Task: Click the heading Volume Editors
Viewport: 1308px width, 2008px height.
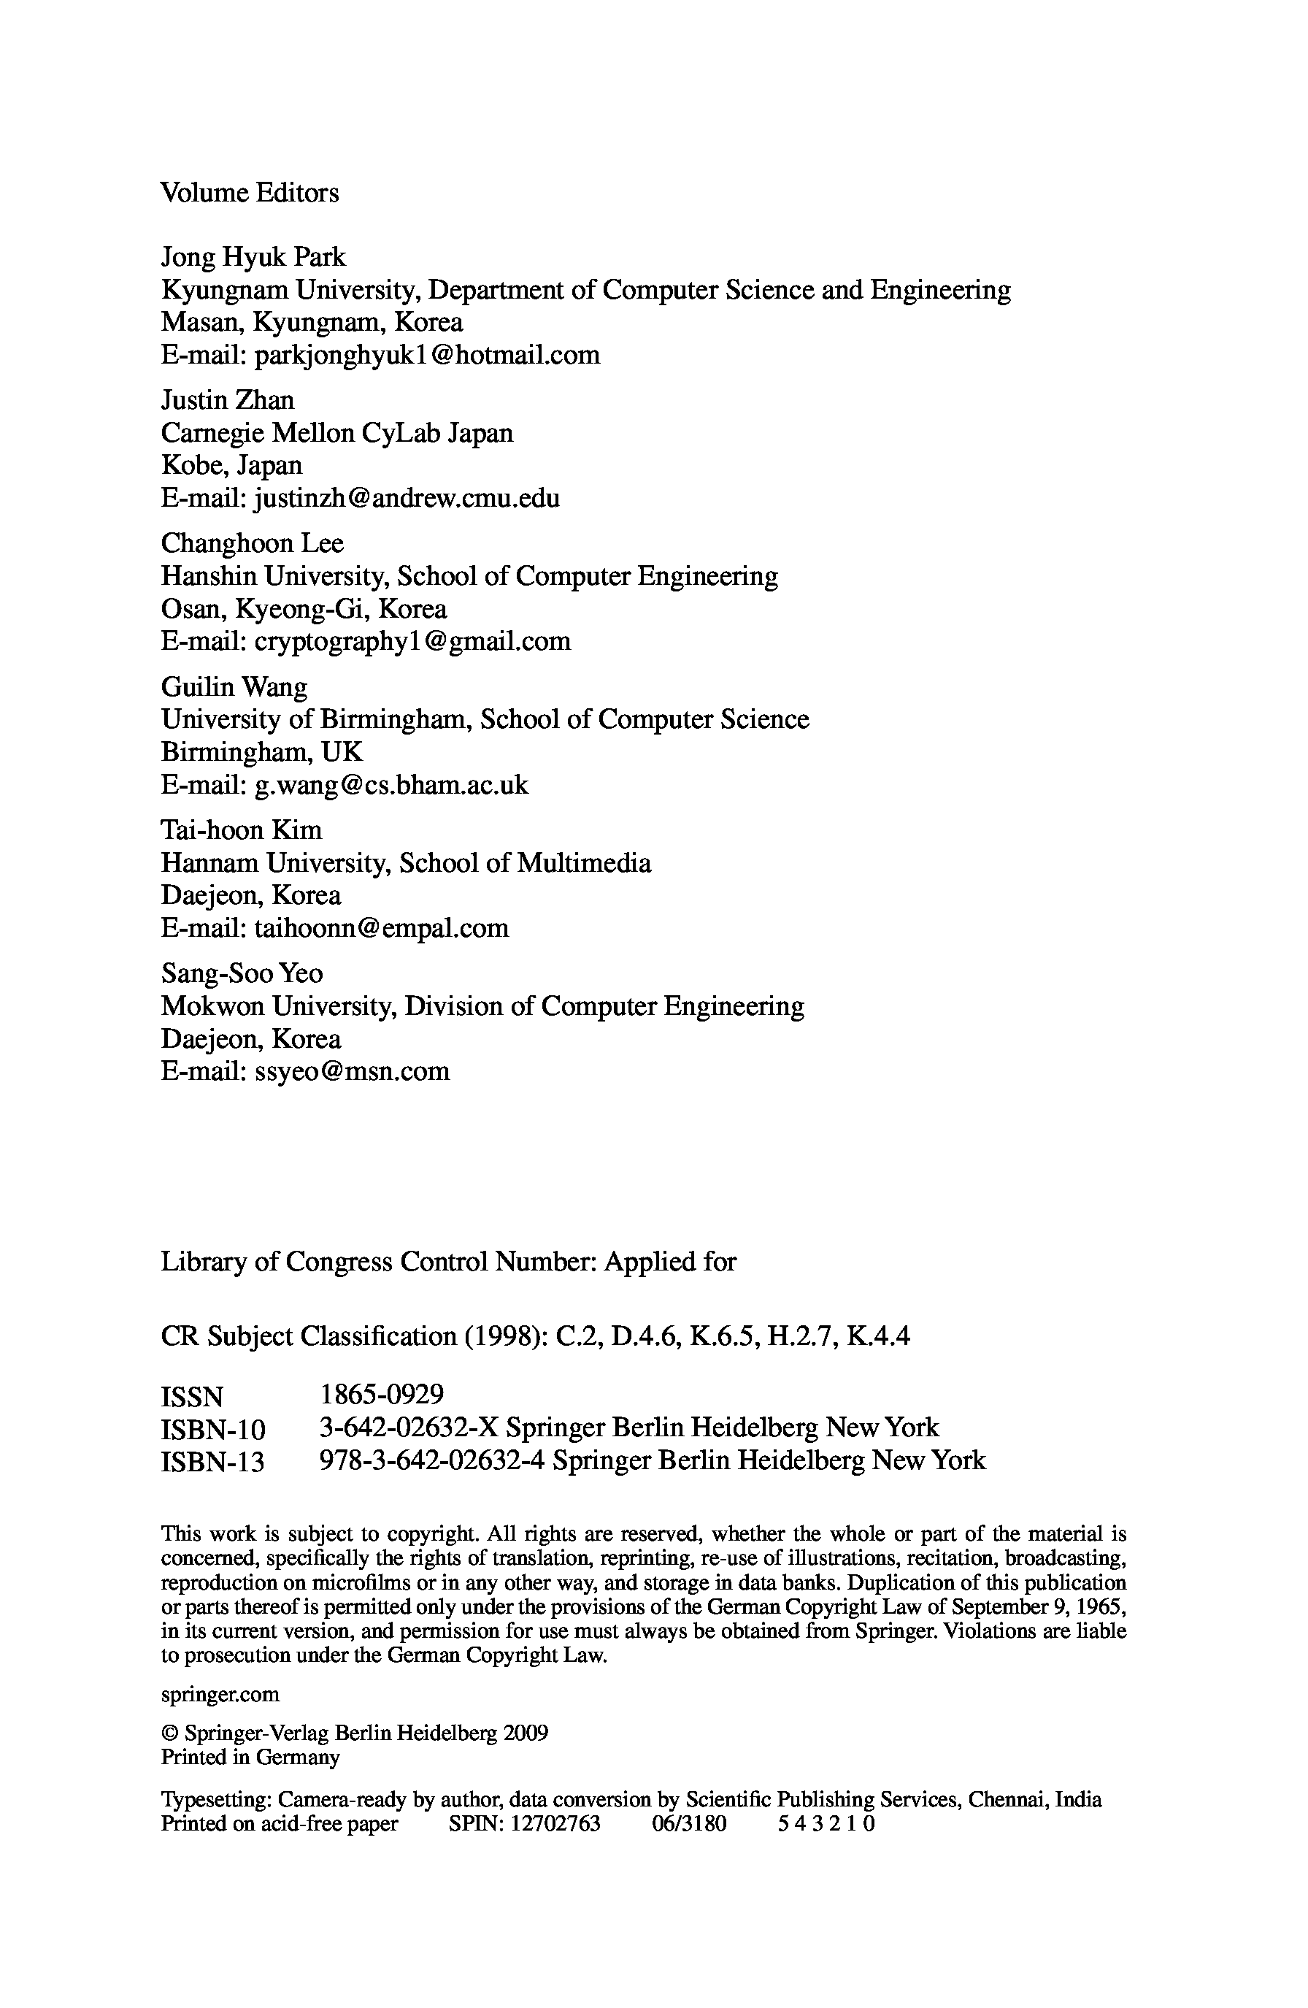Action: [250, 193]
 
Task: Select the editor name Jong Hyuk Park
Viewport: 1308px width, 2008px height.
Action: [253, 256]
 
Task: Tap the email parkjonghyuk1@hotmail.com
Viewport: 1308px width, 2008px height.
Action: [427, 355]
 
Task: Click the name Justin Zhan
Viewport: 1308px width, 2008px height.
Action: [227, 400]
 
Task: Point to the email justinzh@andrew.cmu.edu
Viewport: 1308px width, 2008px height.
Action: [407, 499]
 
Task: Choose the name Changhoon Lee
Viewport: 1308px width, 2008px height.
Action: [252, 543]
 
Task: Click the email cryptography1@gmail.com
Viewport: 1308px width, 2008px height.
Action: [412, 641]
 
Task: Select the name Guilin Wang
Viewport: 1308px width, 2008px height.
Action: [234, 687]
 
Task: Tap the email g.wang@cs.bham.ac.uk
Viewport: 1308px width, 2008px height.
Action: [391, 786]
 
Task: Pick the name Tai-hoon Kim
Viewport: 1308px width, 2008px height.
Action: [241, 830]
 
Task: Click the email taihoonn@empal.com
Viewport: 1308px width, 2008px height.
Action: [381, 928]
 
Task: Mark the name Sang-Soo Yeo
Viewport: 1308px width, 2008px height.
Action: [241, 973]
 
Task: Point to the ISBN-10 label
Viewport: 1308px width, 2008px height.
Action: [212, 1430]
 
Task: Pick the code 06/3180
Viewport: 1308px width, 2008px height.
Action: [688, 1824]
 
